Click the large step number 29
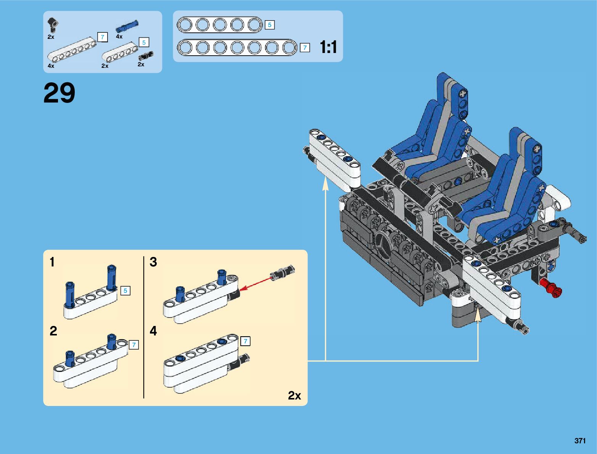59,93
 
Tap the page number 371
580,441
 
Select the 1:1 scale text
328,47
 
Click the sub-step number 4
153,330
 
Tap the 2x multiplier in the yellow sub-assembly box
294,395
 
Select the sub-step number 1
52,262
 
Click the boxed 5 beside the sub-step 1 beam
125,291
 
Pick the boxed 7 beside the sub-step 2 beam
134,345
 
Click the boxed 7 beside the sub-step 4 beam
245,341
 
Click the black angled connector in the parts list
53,24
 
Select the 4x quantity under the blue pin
119,37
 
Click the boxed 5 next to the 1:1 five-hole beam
269,25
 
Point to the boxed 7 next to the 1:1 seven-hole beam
304,48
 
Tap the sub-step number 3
153,262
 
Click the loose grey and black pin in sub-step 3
282,271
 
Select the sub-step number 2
53,330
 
